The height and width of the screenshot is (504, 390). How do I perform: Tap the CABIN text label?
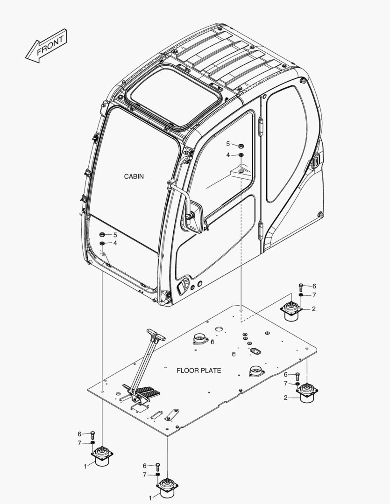(x=134, y=176)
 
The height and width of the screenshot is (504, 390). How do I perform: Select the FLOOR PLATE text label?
(x=199, y=371)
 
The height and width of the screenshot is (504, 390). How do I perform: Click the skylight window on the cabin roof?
(x=175, y=97)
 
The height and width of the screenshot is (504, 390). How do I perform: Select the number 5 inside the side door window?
(x=228, y=144)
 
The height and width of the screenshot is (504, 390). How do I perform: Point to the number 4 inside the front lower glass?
(x=115, y=243)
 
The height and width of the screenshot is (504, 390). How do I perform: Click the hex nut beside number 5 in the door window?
(x=241, y=146)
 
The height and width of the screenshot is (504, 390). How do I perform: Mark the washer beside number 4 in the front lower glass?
(x=102, y=244)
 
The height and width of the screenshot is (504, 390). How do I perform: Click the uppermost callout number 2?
(x=313, y=309)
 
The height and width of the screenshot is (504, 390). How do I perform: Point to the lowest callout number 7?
(x=145, y=475)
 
